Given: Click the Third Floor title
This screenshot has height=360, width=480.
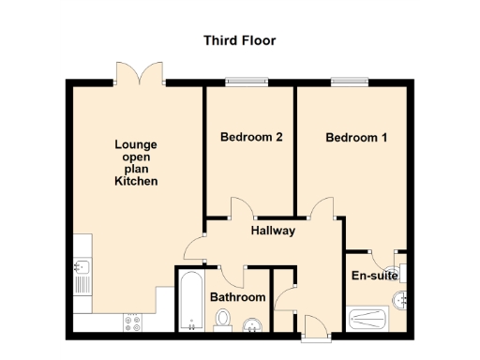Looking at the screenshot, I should click(240, 40).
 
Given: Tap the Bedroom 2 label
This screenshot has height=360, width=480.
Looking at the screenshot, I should click(251, 137).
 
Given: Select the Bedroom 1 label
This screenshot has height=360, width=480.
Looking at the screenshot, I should click(356, 138).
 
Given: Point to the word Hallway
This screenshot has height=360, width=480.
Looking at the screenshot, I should click(273, 231).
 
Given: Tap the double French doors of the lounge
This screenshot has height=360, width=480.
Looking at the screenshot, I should click(140, 73).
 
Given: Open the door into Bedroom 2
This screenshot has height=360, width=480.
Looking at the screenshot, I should click(241, 208).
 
